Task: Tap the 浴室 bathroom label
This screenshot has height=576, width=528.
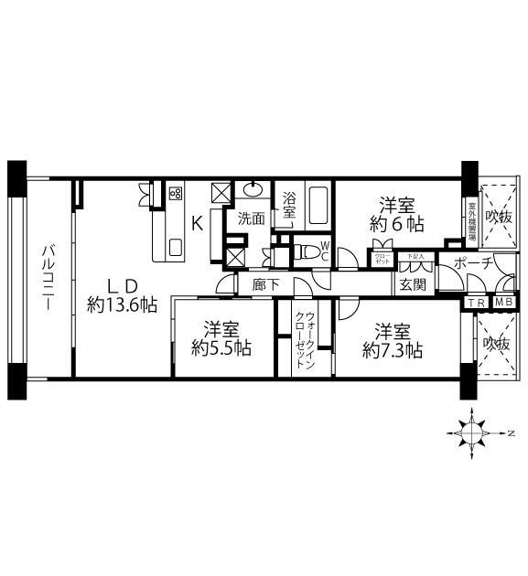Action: (289, 204)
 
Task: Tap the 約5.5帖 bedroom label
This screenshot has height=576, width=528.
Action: (224, 338)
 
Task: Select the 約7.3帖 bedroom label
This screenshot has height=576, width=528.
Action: (392, 338)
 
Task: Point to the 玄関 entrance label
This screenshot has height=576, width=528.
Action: (411, 284)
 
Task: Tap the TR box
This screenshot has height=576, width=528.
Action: (476, 303)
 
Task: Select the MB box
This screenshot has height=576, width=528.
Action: (503, 303)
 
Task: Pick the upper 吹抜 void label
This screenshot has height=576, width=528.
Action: (499, 217)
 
